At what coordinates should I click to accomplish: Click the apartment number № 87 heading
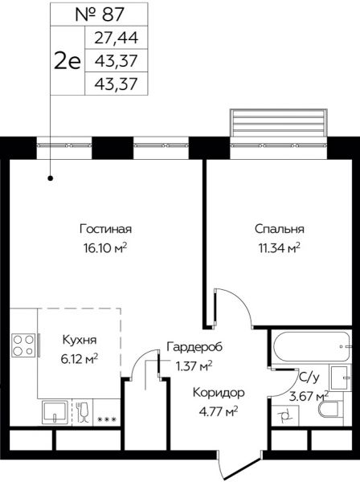(x=100, y=14)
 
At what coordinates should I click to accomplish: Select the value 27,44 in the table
(x=117, y=38)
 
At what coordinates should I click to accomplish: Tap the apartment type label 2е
(x=67, y=60)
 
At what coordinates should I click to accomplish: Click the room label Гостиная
(x=106, y=229)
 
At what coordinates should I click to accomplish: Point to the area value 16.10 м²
(x=105, y=247)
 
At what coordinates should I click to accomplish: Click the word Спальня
(x=280, y=229)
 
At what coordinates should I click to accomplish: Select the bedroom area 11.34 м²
(x=279, y=247)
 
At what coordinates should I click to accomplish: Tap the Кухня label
(x=80, y=340)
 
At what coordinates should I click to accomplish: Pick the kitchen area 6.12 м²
(x=80, y=358)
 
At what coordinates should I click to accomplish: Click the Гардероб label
(x=194, y=347)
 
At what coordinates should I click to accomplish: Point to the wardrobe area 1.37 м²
(x=194, y=366)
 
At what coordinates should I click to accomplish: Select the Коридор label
(x=219, y=393)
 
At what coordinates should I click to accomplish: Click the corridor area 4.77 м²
(x=219, y=411)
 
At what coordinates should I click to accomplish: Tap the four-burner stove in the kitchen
(x=23, y=345)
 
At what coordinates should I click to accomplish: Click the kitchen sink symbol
(x=55, y=412)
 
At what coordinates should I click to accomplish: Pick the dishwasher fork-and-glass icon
(x=83, y=412)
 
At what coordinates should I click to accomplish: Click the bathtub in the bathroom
(x=312, y=346)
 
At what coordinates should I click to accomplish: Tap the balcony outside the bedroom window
(x=279, y=123)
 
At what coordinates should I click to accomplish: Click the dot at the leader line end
(x=51, y=178)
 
